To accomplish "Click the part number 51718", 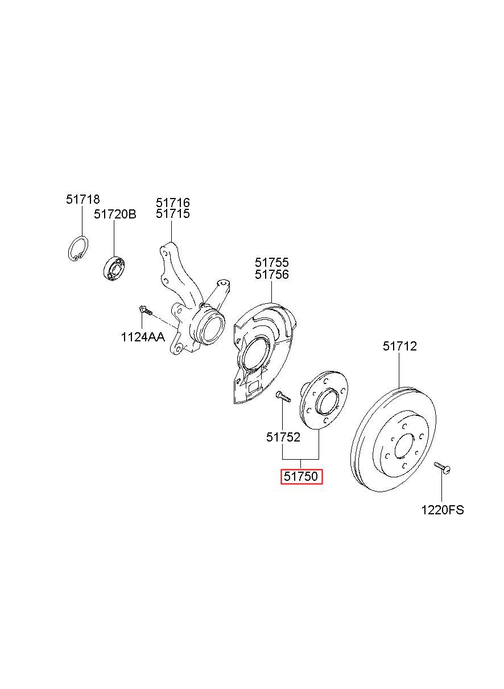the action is tap(82, 200).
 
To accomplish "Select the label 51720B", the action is tap(115, 214).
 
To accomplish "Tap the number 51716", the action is tap(172, 203).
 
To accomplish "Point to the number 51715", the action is tap(172, 213).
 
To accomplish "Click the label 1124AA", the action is tap(143, 337).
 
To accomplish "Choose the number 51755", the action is tap(272, 262).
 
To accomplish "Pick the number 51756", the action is tap(272, 274).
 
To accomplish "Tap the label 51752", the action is tap(283, 437).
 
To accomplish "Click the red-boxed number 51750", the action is tap(301, 476).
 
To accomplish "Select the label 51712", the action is tap(400, 346).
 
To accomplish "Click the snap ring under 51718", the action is tap(78, 249).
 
